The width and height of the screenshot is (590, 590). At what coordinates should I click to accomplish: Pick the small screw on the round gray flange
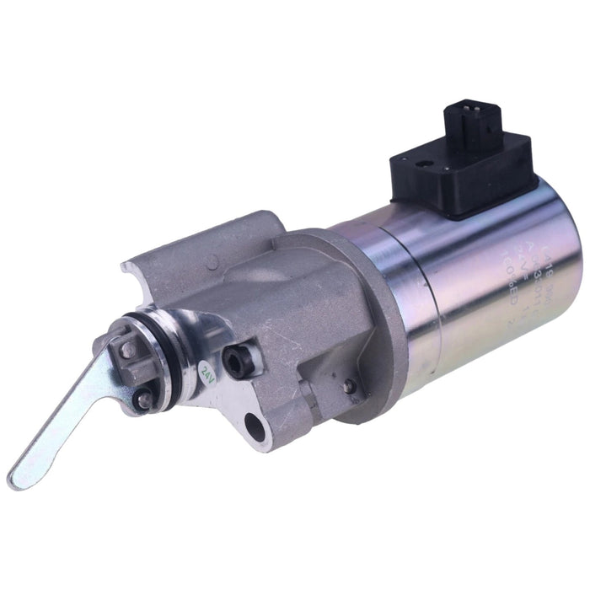(x=348, y=386)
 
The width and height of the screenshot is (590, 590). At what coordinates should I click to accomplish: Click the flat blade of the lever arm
(x=67, y=421)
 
